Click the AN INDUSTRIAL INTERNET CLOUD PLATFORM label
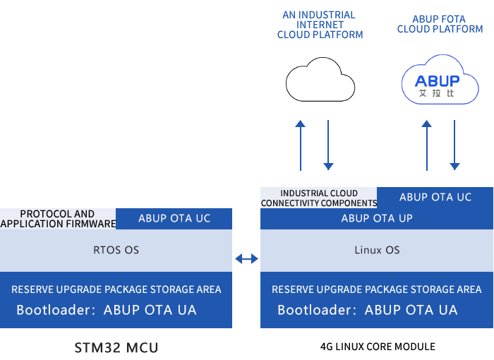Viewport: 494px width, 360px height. (x=320, y=25)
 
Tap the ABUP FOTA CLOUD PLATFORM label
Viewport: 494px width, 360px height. (x=440, y=25)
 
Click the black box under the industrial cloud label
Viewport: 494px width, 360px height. (x=320, y=79)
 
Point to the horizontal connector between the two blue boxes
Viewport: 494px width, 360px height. (x=246, y=259)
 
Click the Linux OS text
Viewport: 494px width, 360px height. (x=377, y=251)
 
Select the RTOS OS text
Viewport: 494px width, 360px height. (x=116, y=251)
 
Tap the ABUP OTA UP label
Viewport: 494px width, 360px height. (x=377, y=219)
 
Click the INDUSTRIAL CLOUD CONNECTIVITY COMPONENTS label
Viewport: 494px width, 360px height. (x=319, y=198)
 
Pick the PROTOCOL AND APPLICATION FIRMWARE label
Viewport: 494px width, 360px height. (x=58, y=219)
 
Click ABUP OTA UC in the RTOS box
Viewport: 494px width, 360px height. (x=174, y=219)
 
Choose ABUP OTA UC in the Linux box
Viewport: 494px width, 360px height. (x=435, y=198)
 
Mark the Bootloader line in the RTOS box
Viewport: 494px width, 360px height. (x=107, y=310)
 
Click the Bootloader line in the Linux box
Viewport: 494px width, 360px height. (x=368, y=310)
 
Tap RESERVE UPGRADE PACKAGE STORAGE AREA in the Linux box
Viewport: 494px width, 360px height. (x=377, y=289)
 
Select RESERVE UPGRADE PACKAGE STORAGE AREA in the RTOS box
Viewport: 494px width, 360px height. (x=116, y=289)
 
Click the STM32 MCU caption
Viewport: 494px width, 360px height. (x=116, y=347)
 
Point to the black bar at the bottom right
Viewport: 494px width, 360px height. (x=378, y=347)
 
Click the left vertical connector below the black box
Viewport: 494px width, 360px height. (x=301, y=145)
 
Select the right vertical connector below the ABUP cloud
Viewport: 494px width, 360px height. (x=454, y=145)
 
